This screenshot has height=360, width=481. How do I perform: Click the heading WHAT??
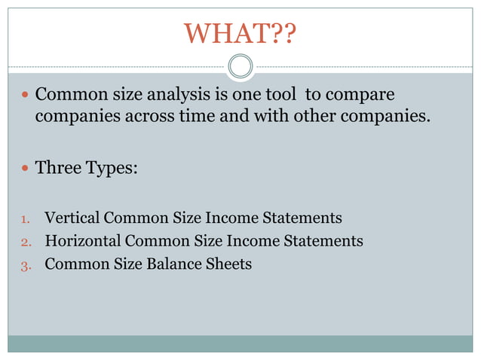click(x=240, y=34)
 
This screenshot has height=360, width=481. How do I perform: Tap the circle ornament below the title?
click(x=240, y=66)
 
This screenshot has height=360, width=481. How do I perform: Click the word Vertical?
click(x=72, y=218)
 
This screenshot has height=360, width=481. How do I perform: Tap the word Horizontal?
click(x=83, y=241)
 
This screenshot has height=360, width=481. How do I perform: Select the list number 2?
click(x=25, y=243)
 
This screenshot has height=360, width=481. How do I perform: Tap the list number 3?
click(x=25, y=265)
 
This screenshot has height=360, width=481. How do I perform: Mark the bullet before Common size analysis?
click(x=25, y=97)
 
